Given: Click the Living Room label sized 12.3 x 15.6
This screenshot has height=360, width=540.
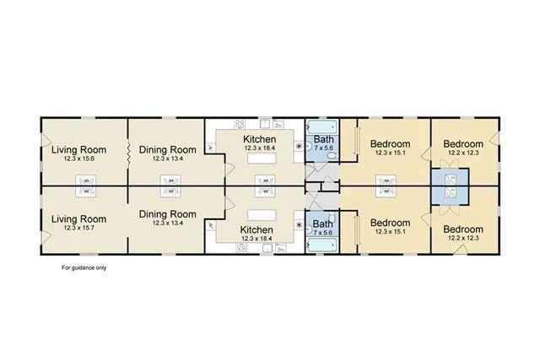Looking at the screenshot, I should point(77,151).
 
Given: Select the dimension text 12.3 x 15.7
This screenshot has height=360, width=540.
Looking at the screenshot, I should point(77,228).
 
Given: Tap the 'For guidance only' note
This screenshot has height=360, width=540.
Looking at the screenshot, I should point(84,268).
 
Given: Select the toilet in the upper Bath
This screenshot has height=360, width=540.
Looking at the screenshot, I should point(310,149).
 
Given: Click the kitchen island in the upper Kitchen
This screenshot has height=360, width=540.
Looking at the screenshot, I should point(263,159).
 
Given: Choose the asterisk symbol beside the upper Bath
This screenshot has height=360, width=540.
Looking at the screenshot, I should point(297,145).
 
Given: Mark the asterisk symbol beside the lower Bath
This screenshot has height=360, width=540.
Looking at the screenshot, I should point(297,224).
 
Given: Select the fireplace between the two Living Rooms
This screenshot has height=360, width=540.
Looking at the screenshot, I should point(85,185).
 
